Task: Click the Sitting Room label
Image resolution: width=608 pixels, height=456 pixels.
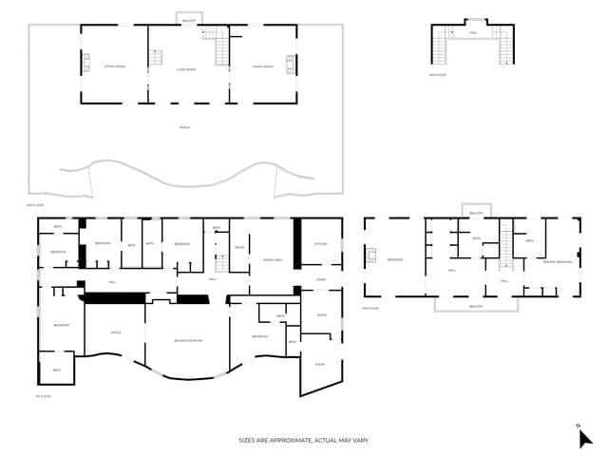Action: tap(114, 66)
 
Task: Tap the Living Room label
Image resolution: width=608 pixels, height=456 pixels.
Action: tap(186, 69)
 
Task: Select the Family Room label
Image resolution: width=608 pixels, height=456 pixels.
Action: tap(262, 66)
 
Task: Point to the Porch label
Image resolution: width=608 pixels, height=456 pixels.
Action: tap(184, 126)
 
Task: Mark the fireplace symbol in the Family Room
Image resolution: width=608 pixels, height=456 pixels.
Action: tap(290, 64)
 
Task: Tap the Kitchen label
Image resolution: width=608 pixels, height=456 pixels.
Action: tap(321, 244)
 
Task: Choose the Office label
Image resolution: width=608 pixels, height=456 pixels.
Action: tap(115, 332)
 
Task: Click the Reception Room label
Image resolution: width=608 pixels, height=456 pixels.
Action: tap(188, 340)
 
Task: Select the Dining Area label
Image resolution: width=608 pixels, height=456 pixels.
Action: tap(273, 259)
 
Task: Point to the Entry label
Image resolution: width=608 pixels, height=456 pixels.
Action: tap(321, 279)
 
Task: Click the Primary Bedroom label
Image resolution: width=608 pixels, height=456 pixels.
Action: tap(557, 260)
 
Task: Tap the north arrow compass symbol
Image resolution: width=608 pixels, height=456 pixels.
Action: tap(584, 436)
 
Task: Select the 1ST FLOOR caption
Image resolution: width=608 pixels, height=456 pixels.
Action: tap(42, 396)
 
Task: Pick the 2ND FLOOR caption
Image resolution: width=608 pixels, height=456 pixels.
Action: tap(35, 204)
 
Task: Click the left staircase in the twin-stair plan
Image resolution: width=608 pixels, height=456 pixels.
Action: tap(440, 46)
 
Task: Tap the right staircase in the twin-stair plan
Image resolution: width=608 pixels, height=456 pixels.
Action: tap(505, 46)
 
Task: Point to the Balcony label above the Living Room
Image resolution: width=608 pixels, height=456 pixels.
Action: tap(189, 19)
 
